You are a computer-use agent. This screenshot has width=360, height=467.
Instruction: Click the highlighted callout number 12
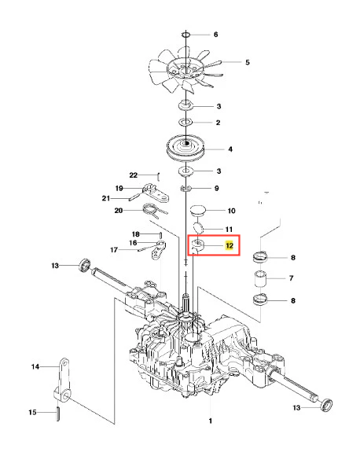click(x=230, y=246)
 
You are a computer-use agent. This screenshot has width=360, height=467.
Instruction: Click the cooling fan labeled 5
click(x=186, y=71)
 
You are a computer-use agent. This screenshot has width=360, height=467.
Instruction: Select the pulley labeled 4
click(x=186, y=148)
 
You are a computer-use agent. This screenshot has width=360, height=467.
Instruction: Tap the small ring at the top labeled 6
click(x=186, y=35)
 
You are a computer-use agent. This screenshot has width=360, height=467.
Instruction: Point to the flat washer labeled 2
click(x=186, y=122)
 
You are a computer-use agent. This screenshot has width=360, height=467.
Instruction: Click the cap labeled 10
click(x=198, y=210)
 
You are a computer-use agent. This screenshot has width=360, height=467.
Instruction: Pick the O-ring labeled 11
click(x=198, y=228)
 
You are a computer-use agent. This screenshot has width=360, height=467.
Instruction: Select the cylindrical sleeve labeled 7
click(x=260, y=279)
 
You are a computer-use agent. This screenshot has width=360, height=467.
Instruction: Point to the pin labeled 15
click(x=57, y=413)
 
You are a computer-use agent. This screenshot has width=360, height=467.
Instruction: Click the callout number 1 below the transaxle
click(x=210, y=421)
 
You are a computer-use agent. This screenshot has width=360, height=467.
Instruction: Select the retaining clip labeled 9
click(x=186, y=189)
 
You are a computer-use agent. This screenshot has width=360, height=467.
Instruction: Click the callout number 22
click(x=134, y=175)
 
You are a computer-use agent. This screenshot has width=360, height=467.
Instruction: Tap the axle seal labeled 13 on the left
click(x=85, y=265)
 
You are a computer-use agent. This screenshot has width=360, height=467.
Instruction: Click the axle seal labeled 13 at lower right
click(x=325, y=406)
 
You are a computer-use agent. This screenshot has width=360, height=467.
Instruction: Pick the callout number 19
click(x=119, y=188)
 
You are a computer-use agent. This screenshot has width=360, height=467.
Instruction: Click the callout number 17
click(x=114, y=249)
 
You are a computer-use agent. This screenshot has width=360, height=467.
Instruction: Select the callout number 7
click(x=291, y=278)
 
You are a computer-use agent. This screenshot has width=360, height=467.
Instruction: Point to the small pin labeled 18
click(x=160, y=235)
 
